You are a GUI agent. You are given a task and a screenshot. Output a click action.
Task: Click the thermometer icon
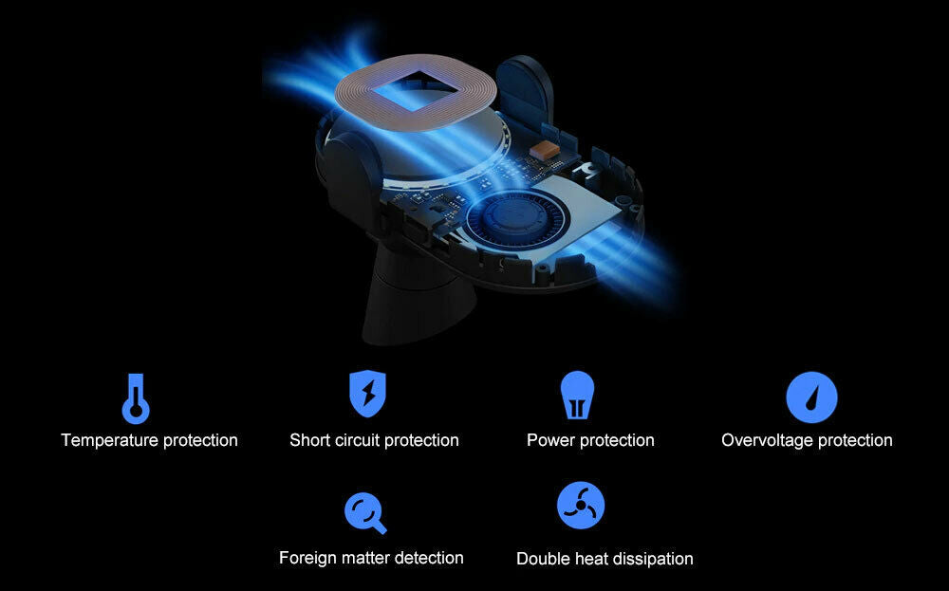(x=136, y=398)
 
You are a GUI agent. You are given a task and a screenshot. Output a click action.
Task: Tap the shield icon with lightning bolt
(x=367, y=394)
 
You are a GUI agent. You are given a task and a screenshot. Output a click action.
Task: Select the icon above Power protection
(x=577, y=395)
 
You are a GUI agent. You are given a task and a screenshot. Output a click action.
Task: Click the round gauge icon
(x=811, y=397)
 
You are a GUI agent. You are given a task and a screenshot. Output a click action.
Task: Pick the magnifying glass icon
(x=365, y=513)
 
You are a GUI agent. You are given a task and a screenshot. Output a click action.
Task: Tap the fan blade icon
(x=581, y=505)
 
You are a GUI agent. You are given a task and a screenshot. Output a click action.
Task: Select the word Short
(x=309, y=440)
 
